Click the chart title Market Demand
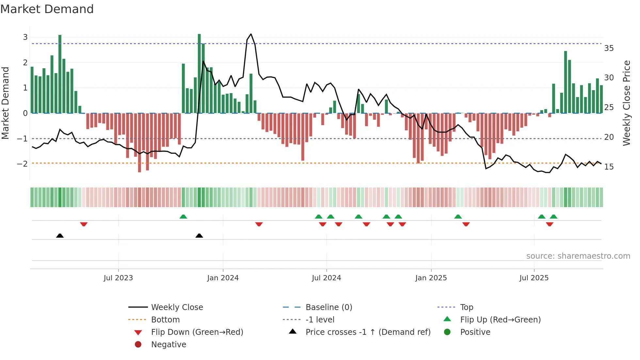47,9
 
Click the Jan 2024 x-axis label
223,278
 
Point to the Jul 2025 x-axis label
534,278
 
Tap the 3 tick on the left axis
25,37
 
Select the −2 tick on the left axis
23,164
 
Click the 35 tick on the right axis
609,48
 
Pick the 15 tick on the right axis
609,167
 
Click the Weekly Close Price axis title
626,103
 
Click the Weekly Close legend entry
177,307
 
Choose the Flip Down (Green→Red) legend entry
197,332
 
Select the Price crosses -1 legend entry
368,332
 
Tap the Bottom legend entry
165,320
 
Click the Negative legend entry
168,345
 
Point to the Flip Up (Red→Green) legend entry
500,320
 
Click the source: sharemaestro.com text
578,256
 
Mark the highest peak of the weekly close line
251,34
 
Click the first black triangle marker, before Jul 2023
60,236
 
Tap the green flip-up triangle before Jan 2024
183,217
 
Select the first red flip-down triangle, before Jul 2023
84,224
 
